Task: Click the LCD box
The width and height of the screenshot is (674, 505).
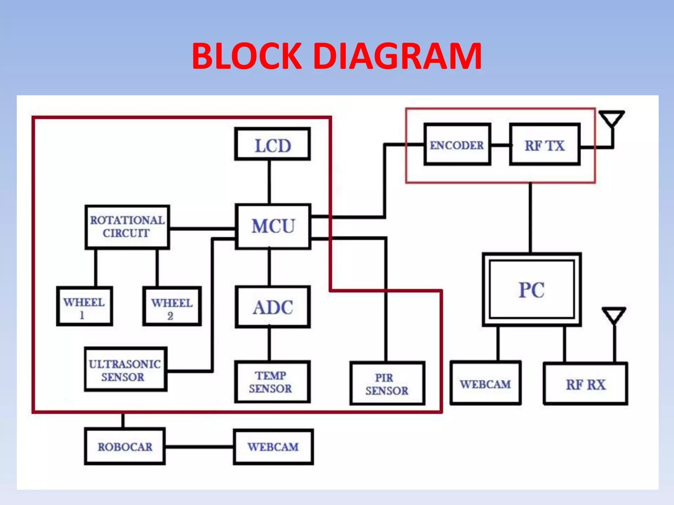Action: pos(272,144)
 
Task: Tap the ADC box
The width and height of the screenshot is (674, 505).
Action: pos(273,307)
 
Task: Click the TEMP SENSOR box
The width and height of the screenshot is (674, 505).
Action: pos(272,382)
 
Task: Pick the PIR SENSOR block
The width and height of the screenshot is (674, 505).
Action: pos(387,383)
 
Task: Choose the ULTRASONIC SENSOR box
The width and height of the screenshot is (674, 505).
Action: pos(125,370)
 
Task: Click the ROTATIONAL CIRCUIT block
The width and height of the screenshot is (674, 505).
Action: pos(127,227)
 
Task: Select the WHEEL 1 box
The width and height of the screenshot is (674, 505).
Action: pos(85,306)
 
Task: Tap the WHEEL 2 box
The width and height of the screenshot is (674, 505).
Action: pos(172,307)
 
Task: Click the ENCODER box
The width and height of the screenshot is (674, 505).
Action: pos(457,145)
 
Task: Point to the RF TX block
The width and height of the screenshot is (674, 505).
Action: pos(545,145)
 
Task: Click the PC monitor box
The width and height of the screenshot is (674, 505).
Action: pos(531,290)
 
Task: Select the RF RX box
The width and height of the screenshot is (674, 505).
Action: pos(585,384)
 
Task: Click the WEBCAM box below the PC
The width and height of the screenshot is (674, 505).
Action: pos(485,383)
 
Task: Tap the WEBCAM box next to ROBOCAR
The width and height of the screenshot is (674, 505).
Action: pos(273,447)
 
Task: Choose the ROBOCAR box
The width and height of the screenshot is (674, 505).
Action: pos(125,446)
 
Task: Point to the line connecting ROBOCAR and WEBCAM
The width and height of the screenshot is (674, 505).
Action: pos(199,447)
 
